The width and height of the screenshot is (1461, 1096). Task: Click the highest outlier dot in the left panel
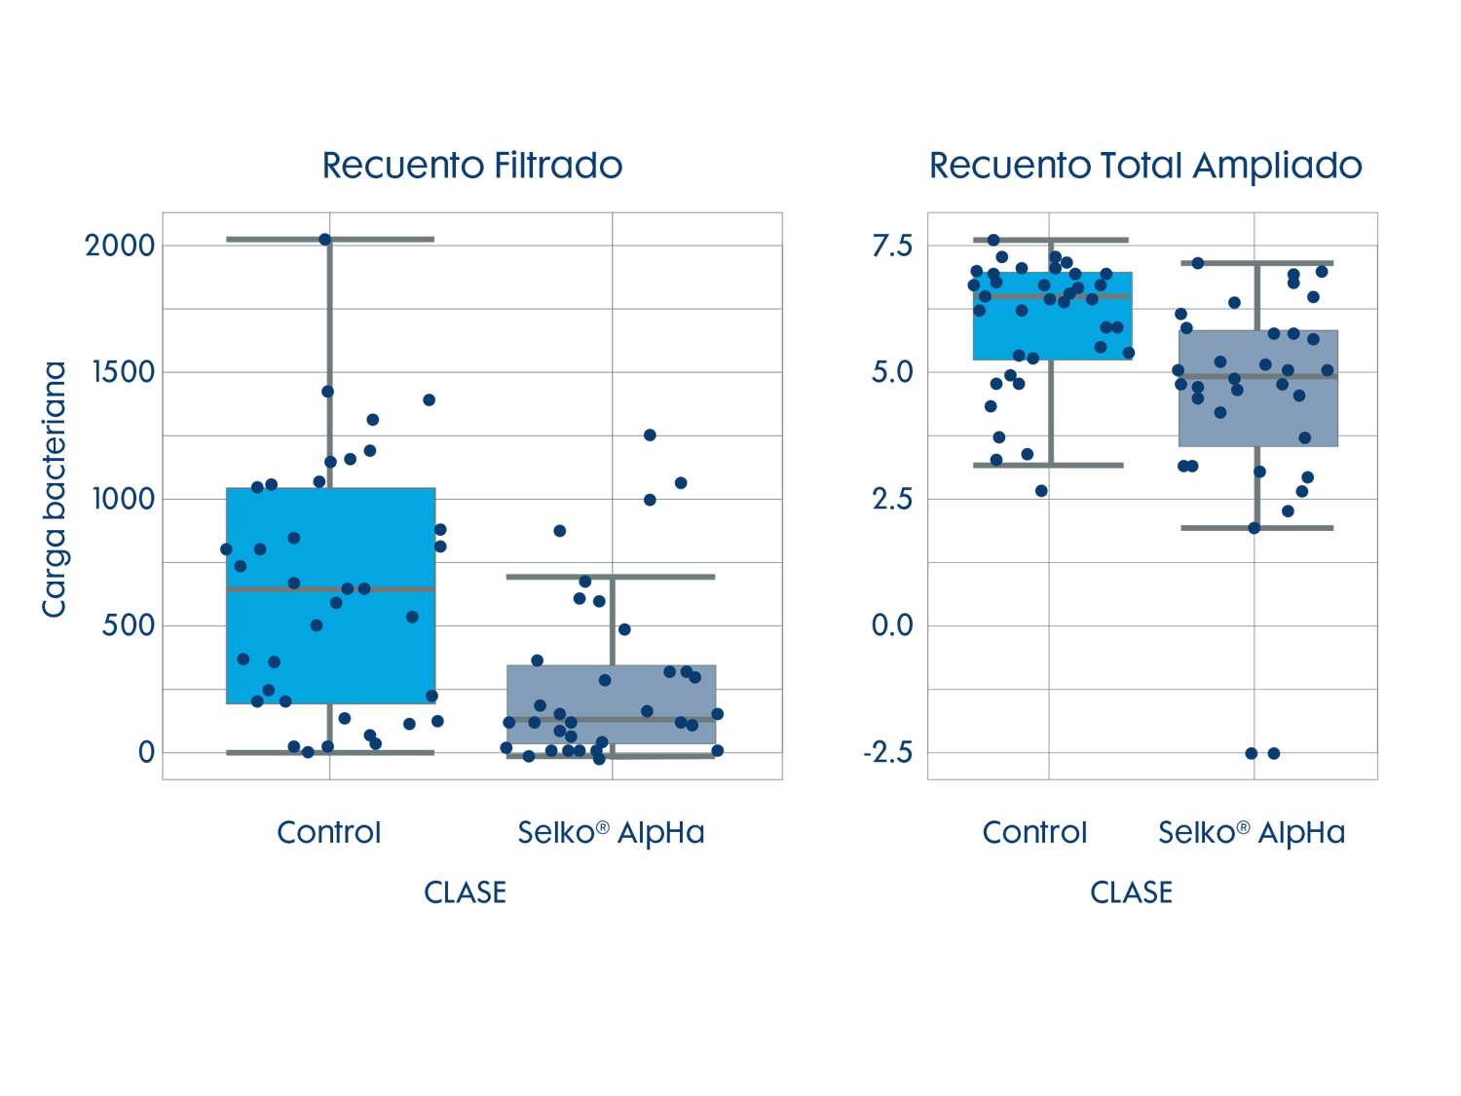pyautogui.click(x=324, y=240)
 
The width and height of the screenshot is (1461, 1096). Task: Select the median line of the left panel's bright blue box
pyautogui.click(x=331, y=589)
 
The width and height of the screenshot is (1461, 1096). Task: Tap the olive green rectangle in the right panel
pyautogui.click(x=1228, y=289)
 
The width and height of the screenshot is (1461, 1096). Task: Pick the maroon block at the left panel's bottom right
pyautogui.click(x=752, y=766)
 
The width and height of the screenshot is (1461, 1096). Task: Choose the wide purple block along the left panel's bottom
pyautogui.click(x=563, y=769)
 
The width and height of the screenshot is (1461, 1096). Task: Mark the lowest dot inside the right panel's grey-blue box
pyautogui.click(x=1305, y=437)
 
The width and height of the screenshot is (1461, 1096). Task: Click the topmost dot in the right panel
pyautogui.click(x=993, y=240)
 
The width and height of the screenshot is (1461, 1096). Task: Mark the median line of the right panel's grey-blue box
pyautogui.click(x=1257, y=376)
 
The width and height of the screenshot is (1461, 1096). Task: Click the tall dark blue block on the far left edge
pyautogui.click(x=81, y=569)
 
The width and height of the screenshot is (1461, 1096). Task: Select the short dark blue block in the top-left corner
pyautogui.click(x=81, y=270)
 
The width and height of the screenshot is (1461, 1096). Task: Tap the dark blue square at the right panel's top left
pyautogui.click(x=899, y=270)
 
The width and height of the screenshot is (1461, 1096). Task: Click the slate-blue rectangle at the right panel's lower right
pyautogui.click(x=1319, y=546)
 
